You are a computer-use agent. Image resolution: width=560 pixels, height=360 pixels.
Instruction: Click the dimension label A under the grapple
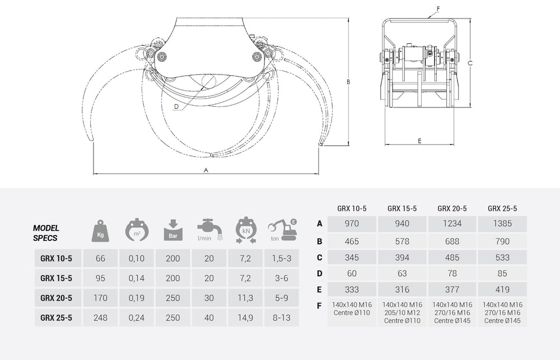206,169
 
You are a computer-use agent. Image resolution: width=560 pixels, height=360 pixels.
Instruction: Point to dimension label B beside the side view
348,82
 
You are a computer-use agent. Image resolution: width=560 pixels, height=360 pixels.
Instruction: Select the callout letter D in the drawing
176,106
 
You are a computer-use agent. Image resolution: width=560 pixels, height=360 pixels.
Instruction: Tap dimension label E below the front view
419,141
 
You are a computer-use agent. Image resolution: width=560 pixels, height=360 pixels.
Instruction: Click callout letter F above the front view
438,9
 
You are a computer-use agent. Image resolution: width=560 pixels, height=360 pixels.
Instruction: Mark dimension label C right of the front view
470,63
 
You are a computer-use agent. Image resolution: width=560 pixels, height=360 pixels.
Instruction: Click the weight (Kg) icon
100,230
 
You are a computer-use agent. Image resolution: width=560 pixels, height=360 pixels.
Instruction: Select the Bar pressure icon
173,230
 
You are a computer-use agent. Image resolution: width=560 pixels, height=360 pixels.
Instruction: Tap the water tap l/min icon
209,230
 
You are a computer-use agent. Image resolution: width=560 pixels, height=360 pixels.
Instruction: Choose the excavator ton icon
282,230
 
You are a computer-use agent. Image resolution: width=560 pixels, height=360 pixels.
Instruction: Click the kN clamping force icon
245,230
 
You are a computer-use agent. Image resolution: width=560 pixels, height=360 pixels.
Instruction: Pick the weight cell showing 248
100,317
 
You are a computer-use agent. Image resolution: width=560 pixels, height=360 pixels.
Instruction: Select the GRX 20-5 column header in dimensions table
452,208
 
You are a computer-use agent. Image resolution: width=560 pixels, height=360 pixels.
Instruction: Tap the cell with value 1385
502,223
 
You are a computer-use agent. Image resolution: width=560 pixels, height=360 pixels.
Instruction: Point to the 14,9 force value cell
245,317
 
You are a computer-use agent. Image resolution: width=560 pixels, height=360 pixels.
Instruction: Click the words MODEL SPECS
46,233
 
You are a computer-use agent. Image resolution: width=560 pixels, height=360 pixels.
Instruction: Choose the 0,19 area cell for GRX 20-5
136,297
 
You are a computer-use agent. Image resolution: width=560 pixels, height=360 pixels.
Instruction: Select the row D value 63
402,273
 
